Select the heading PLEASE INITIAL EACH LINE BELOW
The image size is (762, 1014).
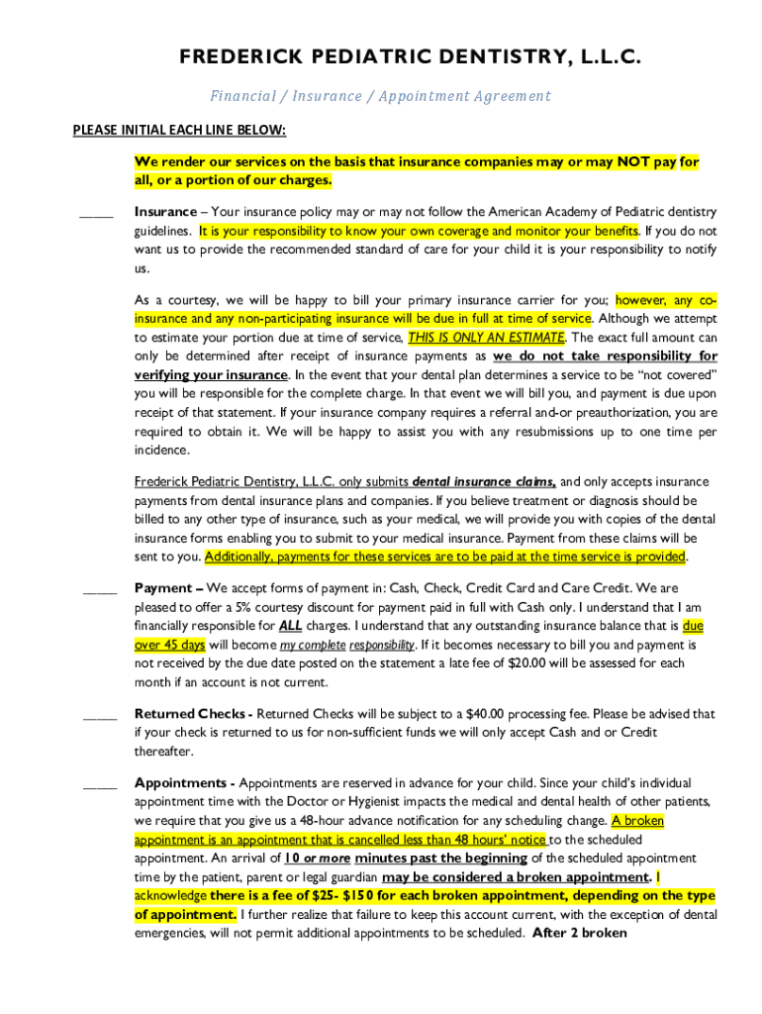click(x=179, y=130)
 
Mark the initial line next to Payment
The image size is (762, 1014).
click(x=100, y=590)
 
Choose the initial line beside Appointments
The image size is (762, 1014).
click(x=100, y=786)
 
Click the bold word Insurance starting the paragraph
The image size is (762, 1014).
click(x=165, y=212)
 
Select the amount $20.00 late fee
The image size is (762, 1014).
click(x=528, y=663)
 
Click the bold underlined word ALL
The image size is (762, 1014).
click(x=290, y=626)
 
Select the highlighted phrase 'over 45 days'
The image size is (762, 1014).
click(x=169, y=645)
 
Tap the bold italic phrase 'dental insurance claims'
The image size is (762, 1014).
click(x=484, y=482)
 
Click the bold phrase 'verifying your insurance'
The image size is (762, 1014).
click(x=211, y=375)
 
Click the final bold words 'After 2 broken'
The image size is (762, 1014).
click(x=579, y=933)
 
